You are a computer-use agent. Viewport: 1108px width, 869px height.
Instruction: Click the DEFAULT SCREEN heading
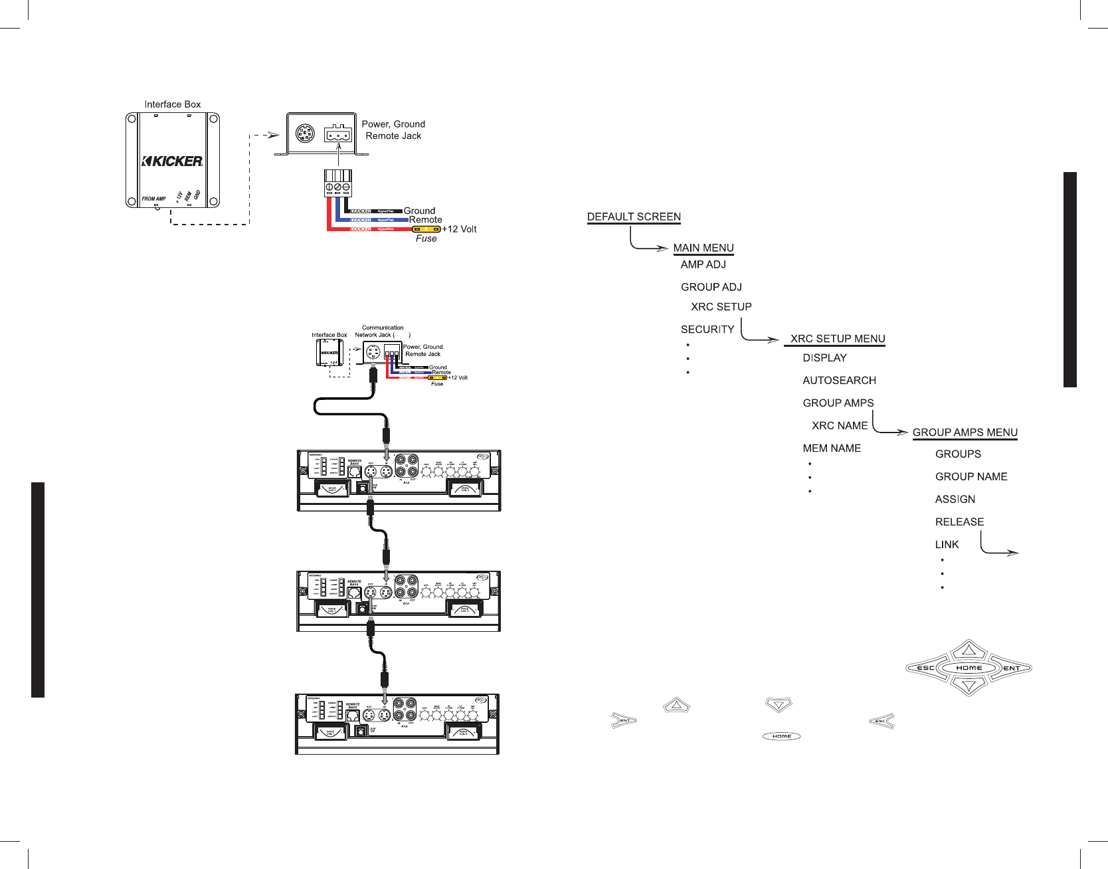coord(634,217)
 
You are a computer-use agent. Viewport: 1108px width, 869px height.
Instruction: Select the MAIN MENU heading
coord(703,248)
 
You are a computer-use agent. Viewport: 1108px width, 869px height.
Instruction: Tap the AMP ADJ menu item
coord(703,264)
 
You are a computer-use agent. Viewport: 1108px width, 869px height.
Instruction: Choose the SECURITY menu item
coord(707,329)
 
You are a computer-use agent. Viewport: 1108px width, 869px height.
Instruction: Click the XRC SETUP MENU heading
coord(837,339)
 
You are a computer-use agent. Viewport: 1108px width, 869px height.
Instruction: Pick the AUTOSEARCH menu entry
coord(839,381)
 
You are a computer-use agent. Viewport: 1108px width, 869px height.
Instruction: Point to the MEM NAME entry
coord(832,448)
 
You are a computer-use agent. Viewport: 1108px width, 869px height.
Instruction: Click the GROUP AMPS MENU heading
coord(965,433)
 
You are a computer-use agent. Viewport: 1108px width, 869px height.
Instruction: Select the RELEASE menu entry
coord(959,522)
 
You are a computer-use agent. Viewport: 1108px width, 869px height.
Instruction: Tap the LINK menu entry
coord(947,545)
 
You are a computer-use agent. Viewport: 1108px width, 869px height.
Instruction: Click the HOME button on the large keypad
coord(969,668)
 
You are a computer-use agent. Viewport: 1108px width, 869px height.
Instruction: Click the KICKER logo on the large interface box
coord(173,161)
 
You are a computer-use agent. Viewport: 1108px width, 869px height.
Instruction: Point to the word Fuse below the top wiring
coord(426,239)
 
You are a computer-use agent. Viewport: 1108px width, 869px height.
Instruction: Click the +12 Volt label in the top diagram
coord(460,229)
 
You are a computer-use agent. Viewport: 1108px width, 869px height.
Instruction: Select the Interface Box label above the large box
coord(173,104)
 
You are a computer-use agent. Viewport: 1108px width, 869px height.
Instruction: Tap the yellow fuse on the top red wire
coord(426,229)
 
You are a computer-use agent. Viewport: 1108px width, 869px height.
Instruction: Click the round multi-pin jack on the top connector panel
coord(305,134)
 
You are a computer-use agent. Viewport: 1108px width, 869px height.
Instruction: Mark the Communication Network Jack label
coord(382,332)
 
